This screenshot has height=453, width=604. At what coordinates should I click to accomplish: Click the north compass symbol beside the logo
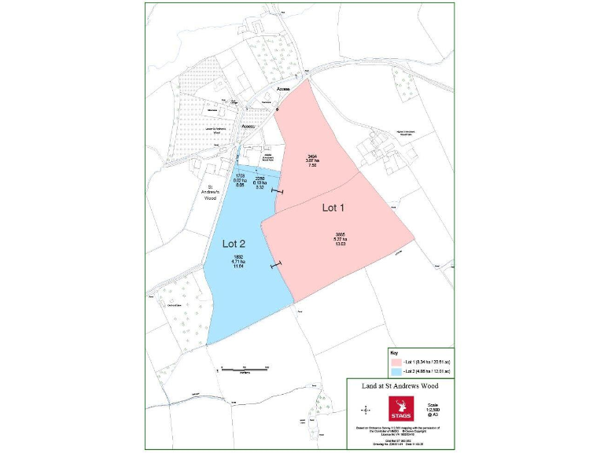pyautogui.click(x=366, y=410)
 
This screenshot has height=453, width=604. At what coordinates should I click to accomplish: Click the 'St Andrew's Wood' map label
pyautogui.click(x=210, y=193)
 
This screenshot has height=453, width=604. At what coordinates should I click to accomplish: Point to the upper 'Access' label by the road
pyautogui.click(x=283, y=90)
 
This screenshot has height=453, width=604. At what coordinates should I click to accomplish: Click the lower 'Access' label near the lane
pyautogui.click(x=249, y=126)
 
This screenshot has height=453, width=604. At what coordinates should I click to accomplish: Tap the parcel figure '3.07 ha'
pyautogui.click(x=312, y=161)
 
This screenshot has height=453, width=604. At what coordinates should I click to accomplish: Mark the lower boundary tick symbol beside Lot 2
pyautogui.click(x=274, y=266)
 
